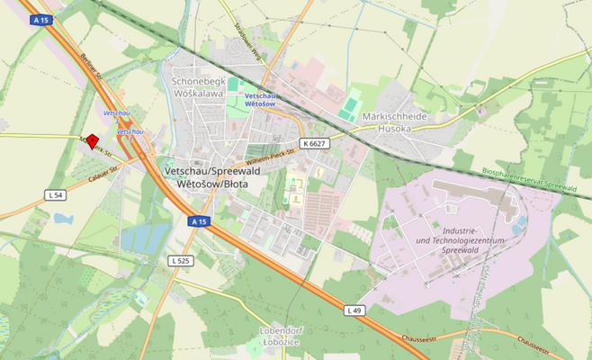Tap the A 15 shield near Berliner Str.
pyautogui.click(x=39, y=19)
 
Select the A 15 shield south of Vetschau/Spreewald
pyautogui.click(x=199, y=220)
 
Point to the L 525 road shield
pyautogui.click(x=181, y=260)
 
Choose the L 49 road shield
pyautogui.click(x=354, y=310)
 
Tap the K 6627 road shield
pyautogui.click(x=314, y=143)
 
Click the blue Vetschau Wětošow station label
pyautogui.click(x=259, y=99)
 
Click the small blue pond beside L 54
pyautogui.click(x=63, y=218)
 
